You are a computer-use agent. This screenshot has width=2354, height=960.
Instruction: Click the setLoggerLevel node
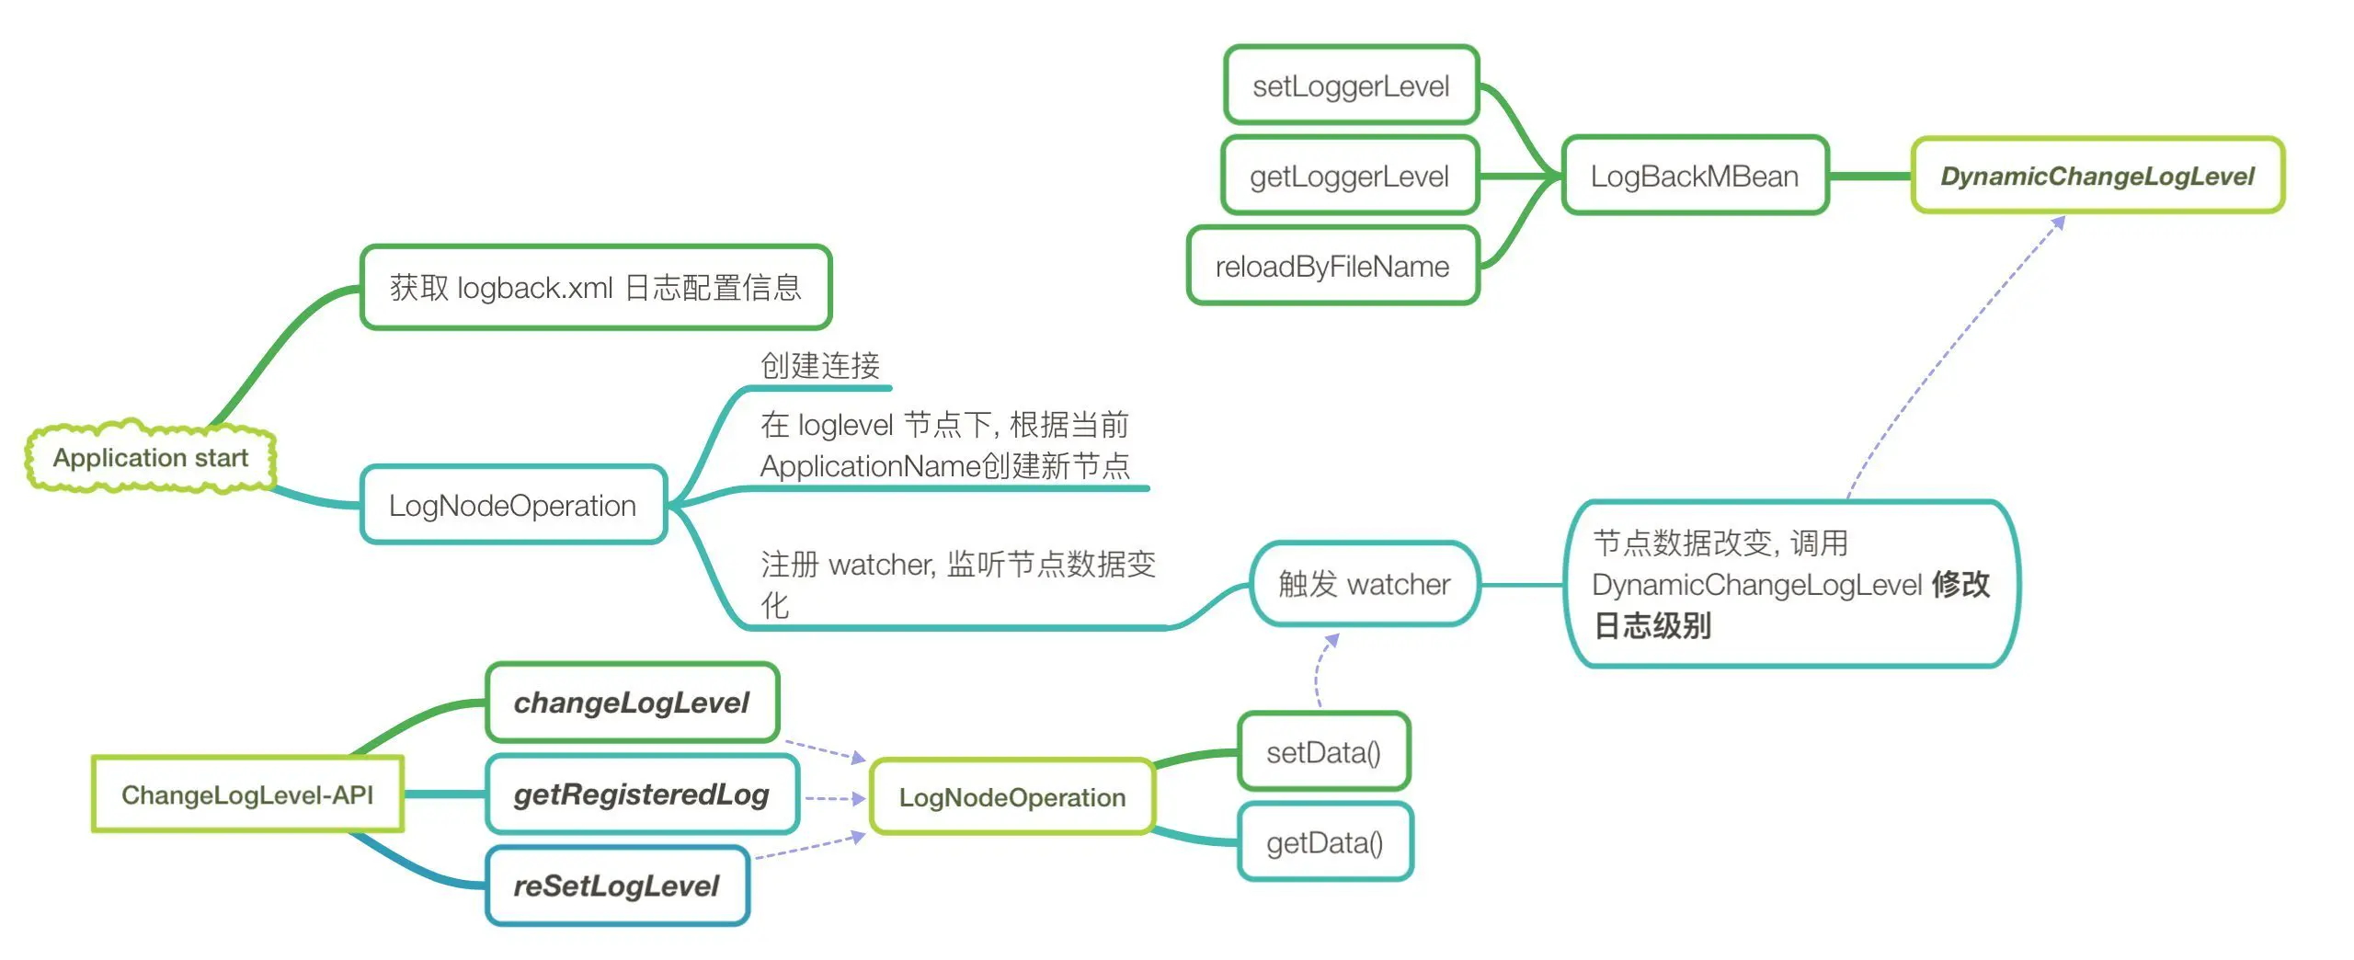(1351, 86)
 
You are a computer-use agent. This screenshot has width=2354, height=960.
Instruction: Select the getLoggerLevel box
(1349, 176)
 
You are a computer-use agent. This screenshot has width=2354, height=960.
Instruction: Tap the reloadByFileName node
(1332, 266)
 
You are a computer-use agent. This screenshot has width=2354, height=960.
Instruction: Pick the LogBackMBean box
(1694, 176)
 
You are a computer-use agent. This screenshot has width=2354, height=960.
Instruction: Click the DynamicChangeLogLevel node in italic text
(2097, 176)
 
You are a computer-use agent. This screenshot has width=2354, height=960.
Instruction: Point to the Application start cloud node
(151, 457)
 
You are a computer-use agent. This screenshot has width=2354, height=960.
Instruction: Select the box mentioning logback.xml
(595, 288)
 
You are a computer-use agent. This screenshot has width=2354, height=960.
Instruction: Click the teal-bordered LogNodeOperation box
(512, 505)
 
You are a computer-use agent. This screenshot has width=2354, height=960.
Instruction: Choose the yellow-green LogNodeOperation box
(1011, 797)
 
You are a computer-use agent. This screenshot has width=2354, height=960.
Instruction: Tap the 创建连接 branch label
(820, 366)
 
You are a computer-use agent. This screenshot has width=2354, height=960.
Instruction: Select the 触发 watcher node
(1364, 584)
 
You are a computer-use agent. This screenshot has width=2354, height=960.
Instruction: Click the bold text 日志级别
(1651, 626)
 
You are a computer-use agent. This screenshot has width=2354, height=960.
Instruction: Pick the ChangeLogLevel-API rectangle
(247, 794)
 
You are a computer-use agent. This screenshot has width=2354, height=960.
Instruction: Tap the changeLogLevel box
(632, 703)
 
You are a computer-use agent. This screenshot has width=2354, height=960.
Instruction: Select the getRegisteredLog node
(641, 794)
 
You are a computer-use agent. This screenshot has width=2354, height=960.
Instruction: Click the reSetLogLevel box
(616, 886)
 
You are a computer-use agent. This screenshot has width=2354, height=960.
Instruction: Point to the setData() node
(1323, 752)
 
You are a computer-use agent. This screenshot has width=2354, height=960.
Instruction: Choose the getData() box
(1324, 842)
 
